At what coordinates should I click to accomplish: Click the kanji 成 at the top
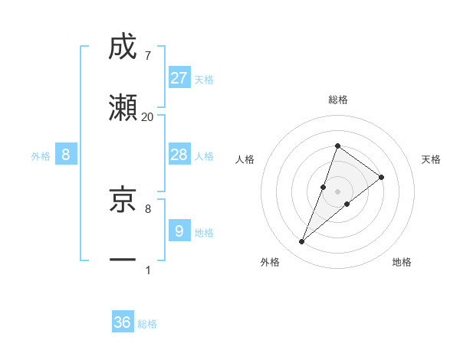tap(123, 47)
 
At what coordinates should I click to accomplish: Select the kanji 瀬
tap(123, 108)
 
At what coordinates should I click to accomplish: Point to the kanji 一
tap(123, 260)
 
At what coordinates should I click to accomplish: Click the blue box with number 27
tap(179, 77)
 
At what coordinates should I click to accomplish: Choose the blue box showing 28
tap(179, 155)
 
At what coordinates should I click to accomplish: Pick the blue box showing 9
tap(179, 231)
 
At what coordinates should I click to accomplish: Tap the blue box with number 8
tap(66, 155)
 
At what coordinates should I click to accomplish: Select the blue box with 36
tap(123, 322)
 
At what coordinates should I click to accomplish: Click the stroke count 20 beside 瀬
tap(147, 116)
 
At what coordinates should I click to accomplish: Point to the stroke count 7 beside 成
tap(147, 55)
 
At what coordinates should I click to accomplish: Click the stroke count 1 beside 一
tap(147, 270)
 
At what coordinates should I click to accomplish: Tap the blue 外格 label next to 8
tap(41, 155)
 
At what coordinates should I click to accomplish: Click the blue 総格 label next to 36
tap(147, 324)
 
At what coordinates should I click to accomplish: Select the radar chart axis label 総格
tap(337, 100)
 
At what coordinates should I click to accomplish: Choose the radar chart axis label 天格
tap(432, 159)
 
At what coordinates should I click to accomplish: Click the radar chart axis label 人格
tap(245, 159)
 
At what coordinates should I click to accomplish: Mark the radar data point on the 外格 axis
tap(301, 242)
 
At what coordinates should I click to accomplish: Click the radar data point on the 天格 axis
tap(381, 177)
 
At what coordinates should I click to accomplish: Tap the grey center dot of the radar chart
tap(337, 191)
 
